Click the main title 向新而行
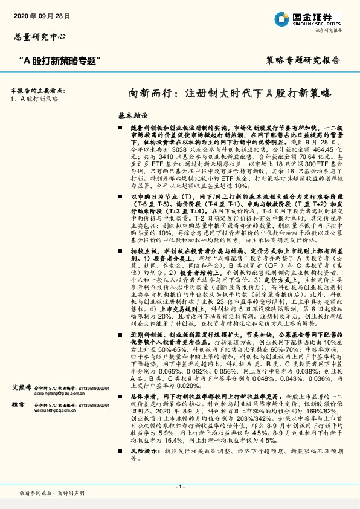[x=230, y=94]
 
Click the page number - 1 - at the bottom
[x=179, y=486]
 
